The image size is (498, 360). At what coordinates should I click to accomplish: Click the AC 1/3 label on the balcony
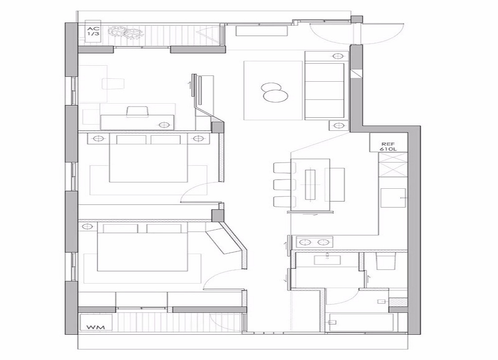tap(93, 31)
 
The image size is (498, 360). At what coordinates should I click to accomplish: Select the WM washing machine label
tap(95, 326)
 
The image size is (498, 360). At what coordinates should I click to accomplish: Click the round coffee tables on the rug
tap(274, 92)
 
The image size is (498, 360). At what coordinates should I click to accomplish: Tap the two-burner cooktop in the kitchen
tap(315, 242)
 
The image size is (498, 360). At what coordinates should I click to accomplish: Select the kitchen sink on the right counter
tap(393, 198)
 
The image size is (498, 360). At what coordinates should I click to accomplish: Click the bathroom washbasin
tap(327, 260)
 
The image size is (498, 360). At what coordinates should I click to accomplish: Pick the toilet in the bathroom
tap(386, 261)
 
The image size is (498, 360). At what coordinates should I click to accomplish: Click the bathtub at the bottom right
tap(361, 322)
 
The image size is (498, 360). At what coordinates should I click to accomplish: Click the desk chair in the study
tap(138, 112)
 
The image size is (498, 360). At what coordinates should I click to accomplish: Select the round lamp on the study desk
tap(163, 125)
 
